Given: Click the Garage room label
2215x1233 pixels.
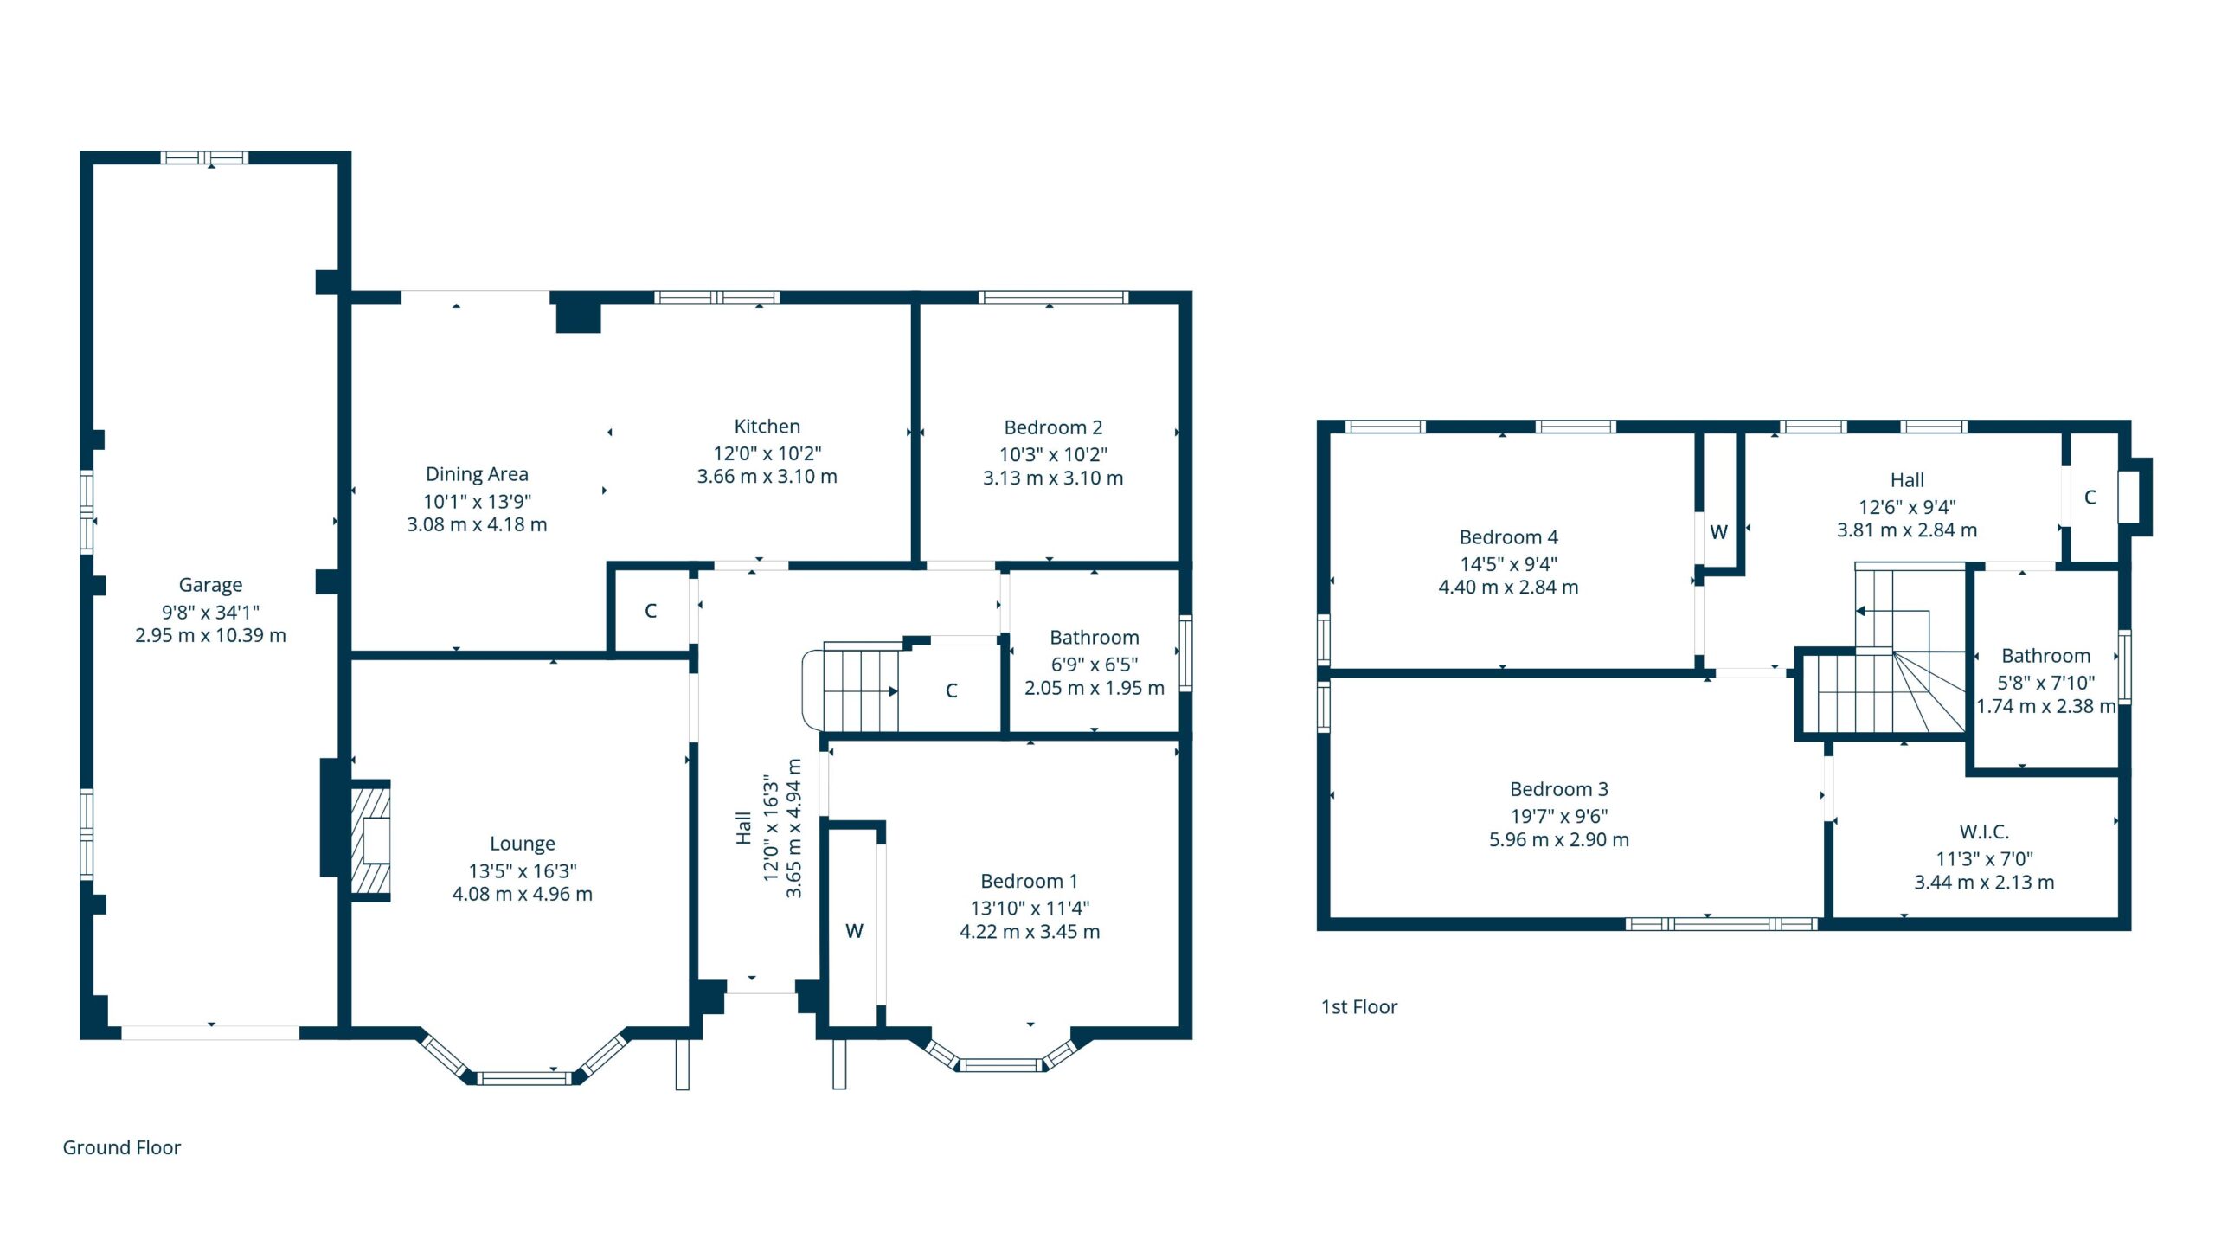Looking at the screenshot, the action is [x=210, y=585].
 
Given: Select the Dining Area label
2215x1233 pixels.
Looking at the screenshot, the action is [x=477, y=474].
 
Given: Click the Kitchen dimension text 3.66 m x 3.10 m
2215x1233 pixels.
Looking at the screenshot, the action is [x=767, y=476].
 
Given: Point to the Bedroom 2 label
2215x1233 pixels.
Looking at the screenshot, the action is [x=1053, y=427].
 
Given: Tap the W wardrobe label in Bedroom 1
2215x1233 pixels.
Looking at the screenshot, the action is [x=854, y=931].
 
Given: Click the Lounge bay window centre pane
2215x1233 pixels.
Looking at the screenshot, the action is [x=524, y=1078].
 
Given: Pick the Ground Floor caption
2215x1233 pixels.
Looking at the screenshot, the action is [x=122, y=1147].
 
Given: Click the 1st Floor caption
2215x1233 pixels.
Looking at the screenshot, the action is [x=1359, y=1006].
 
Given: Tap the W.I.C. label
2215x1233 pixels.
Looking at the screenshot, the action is [x=1984, y=832].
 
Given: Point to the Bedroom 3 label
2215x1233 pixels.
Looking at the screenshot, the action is [x=1559, y=789].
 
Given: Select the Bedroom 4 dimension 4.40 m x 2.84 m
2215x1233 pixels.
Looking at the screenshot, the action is [x=1508, y=587].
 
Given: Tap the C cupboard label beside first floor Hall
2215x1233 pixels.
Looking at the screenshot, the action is [x=2090, y=498].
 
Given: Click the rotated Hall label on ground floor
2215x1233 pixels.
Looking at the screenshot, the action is [x=743, y=828].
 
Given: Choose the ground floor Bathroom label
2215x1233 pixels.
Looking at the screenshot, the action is [x=1095, y=638].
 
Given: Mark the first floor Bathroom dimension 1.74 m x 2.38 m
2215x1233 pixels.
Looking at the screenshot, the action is [x=2046, y=706].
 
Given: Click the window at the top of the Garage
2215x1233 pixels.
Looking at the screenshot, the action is [x=205, y=157].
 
